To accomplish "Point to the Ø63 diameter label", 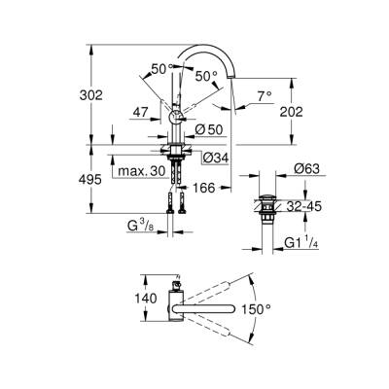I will pos(307,170).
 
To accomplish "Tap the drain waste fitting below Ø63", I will pos(269,208).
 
